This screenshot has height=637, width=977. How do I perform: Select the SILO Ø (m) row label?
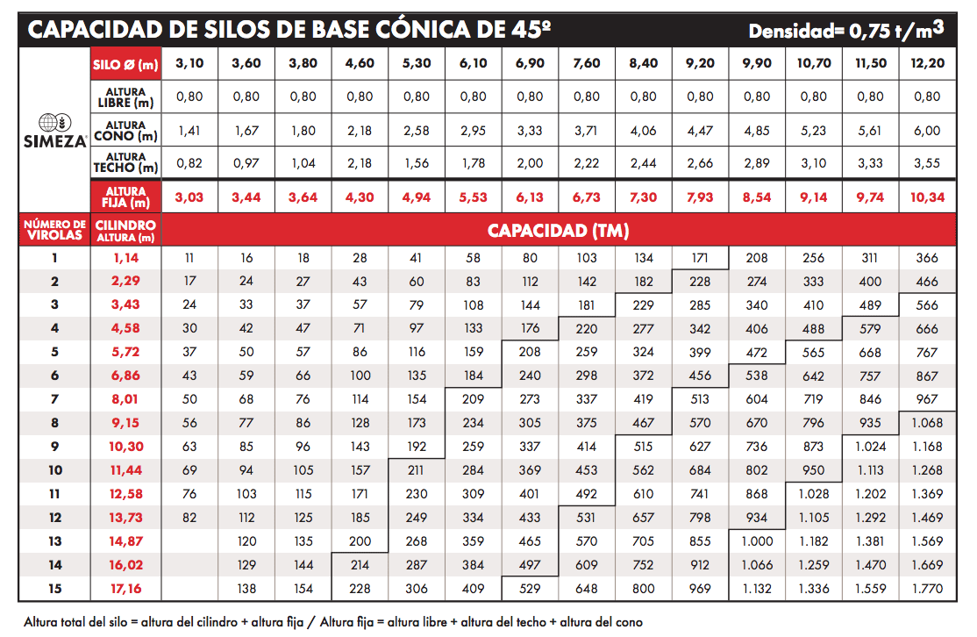click(125, 64)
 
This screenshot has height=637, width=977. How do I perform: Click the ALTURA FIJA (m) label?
click(125, 197)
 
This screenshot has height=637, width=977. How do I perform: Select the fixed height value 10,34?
click(927, 197)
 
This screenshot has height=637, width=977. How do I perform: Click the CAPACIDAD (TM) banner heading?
click(558, 232)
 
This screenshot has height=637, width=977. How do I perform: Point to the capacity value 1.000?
click(757, 542)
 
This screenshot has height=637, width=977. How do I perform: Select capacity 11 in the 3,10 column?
click(189, 258)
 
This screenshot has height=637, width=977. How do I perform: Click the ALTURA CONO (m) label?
click(125, 131)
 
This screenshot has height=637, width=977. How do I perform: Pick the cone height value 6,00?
click(927, 131)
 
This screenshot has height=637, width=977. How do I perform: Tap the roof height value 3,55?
click(927, 164)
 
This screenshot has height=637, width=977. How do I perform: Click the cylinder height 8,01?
click(125, 399)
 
